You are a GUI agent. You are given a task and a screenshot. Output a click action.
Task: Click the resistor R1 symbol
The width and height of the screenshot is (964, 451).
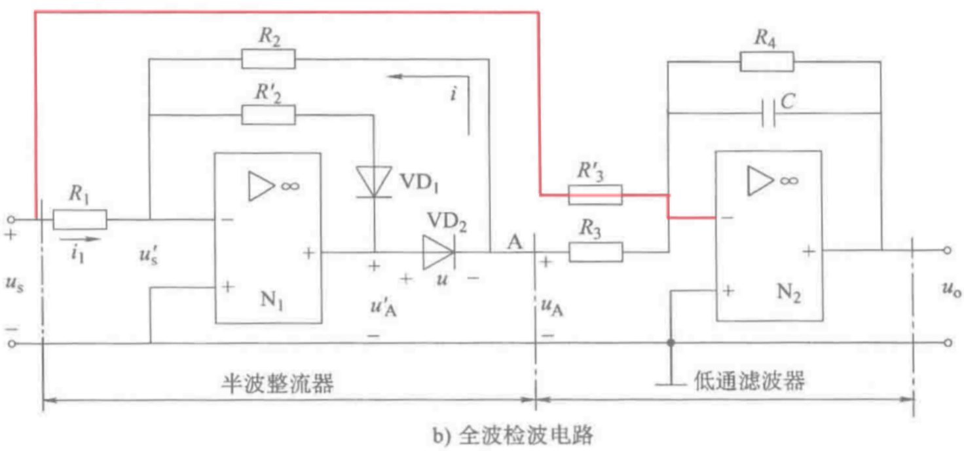click(79, 219)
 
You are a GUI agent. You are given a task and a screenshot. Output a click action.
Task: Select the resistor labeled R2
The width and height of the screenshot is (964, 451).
click(268, 59)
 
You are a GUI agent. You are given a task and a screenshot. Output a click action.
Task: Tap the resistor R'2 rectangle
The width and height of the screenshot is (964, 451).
click(268, 115)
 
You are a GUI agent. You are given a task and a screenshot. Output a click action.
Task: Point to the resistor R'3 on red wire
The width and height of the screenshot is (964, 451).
click(595, 194)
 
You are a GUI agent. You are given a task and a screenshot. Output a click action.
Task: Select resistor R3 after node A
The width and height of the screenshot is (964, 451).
click(595, 252)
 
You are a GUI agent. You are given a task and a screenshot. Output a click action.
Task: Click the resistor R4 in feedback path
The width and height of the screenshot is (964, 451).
click(766, 61)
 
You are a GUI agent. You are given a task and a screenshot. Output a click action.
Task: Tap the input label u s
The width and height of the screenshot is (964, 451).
click(17, 286)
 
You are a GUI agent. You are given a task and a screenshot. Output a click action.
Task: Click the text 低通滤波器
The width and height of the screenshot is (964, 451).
click(749, 382)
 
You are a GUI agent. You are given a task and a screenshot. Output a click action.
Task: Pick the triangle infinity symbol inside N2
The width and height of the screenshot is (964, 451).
click(771, 182)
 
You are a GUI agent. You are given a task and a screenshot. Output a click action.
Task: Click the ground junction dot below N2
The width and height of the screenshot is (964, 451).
click(670, 343)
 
